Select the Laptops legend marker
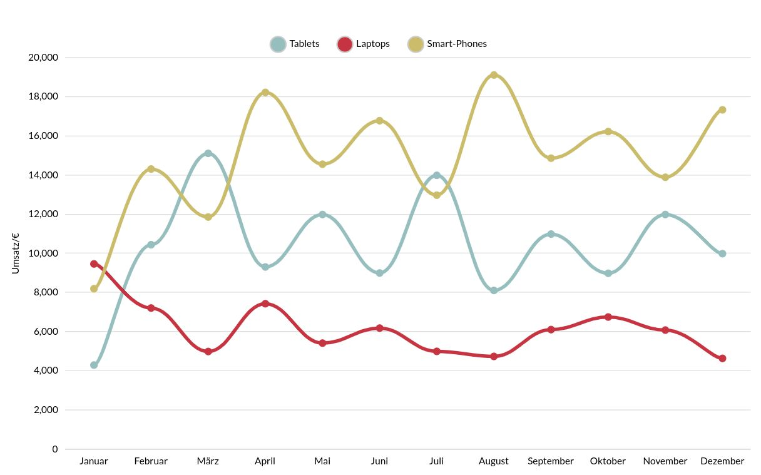pos(344,44)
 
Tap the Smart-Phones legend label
pos(456,44)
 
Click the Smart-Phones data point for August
pos(494,75)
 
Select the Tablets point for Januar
pos(94,365)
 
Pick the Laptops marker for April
pos(265,304)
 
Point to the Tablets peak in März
pos(208,153)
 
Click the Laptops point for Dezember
pos(722,359)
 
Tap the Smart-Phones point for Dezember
pos(722,110)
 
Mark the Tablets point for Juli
pos(437,175)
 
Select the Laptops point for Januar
pos(94,263)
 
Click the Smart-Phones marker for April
pos(265,93)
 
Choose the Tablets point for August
pos(494,290)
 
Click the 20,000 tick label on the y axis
pos(43,58)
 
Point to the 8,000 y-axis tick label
pos(46,292)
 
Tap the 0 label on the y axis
pos(55,449)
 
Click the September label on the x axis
pos(551,461)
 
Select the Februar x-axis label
pos(151,461)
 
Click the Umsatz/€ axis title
pos(16,253)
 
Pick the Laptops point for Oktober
pos(608,317)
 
